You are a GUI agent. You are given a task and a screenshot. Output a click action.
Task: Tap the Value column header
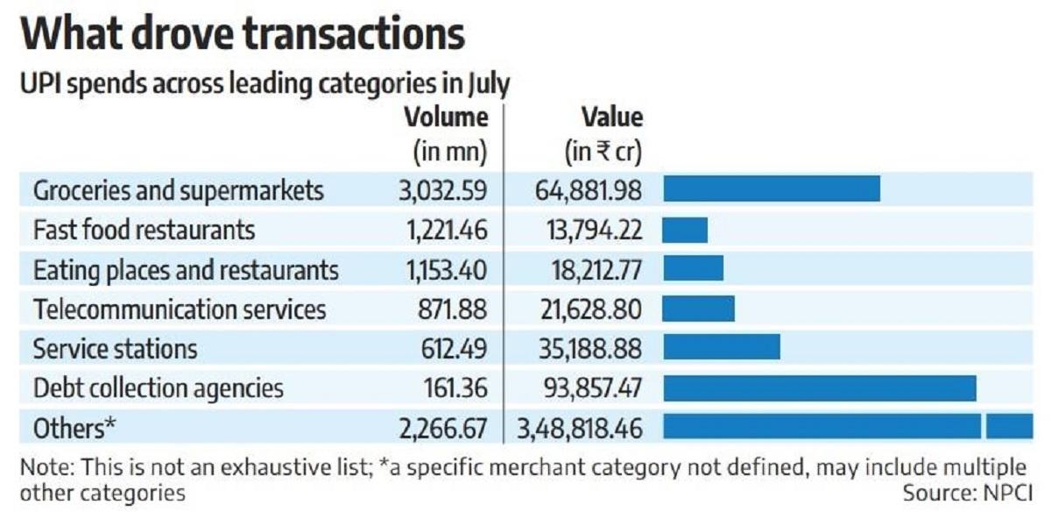(x=612, y=117)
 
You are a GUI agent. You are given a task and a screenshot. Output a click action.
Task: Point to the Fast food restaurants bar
(x=685, y=230)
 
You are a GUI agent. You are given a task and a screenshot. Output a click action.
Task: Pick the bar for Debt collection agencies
(x=819, y=387)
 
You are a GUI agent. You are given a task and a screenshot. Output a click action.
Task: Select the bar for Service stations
(x=721, y=348)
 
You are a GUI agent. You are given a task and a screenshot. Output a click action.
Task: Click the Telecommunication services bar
(x=698, y=309)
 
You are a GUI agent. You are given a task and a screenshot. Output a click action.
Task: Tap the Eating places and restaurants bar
(x=692, y=269)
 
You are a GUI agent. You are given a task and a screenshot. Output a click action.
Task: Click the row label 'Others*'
(x=74, y=428)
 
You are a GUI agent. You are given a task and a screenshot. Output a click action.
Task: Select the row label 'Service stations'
(x=115, y=349)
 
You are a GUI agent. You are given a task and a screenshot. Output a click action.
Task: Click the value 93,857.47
(x=591, y=388)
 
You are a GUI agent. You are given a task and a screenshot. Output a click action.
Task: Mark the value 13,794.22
(x=592, y=231)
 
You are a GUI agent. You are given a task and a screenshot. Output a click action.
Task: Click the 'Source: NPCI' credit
(x=967, y=493)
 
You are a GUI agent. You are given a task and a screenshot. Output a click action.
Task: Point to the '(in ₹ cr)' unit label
(x=603, y=153)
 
